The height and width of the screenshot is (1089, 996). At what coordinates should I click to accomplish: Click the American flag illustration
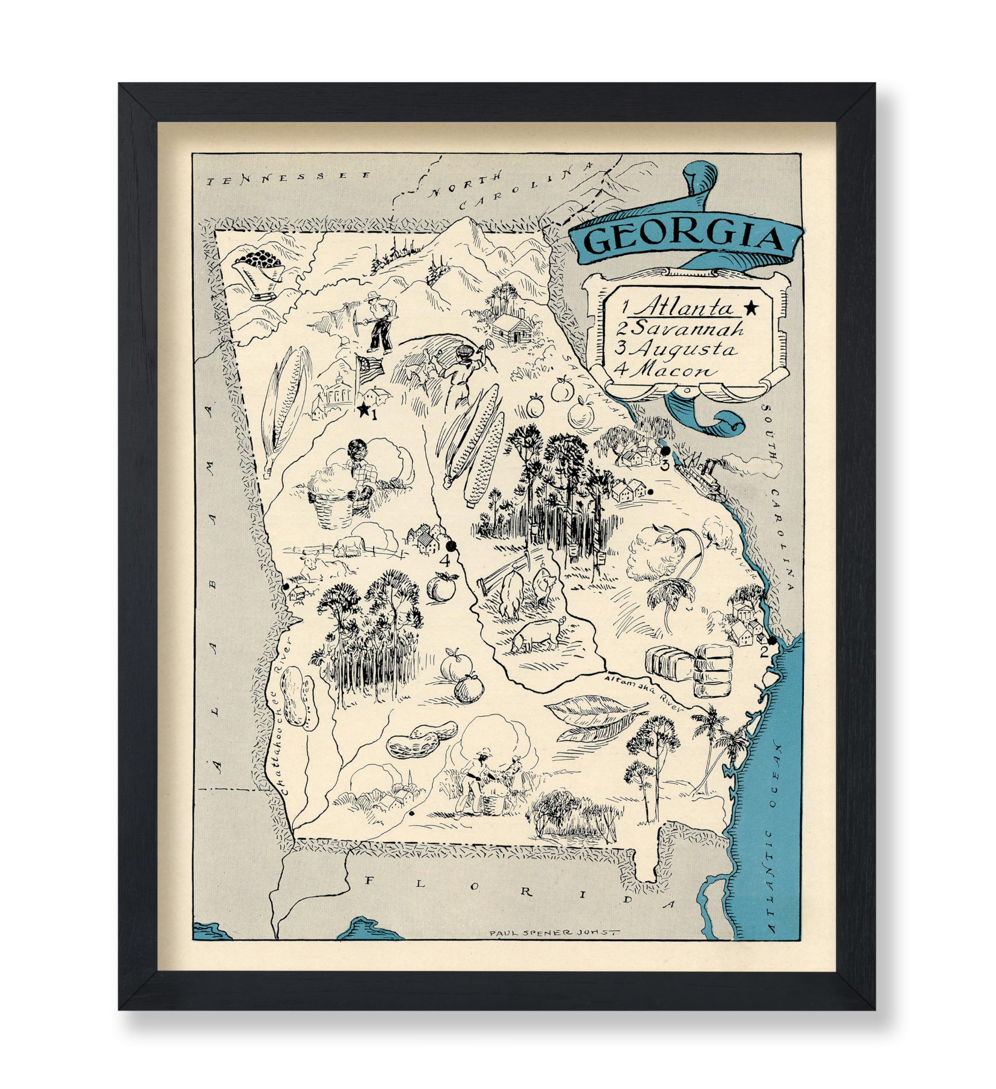[x=370, y=367]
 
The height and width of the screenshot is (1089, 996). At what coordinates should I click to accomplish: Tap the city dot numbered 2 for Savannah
[x=772, y=640]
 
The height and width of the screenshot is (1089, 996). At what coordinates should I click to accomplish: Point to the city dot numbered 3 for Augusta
[x=666, y=450]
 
